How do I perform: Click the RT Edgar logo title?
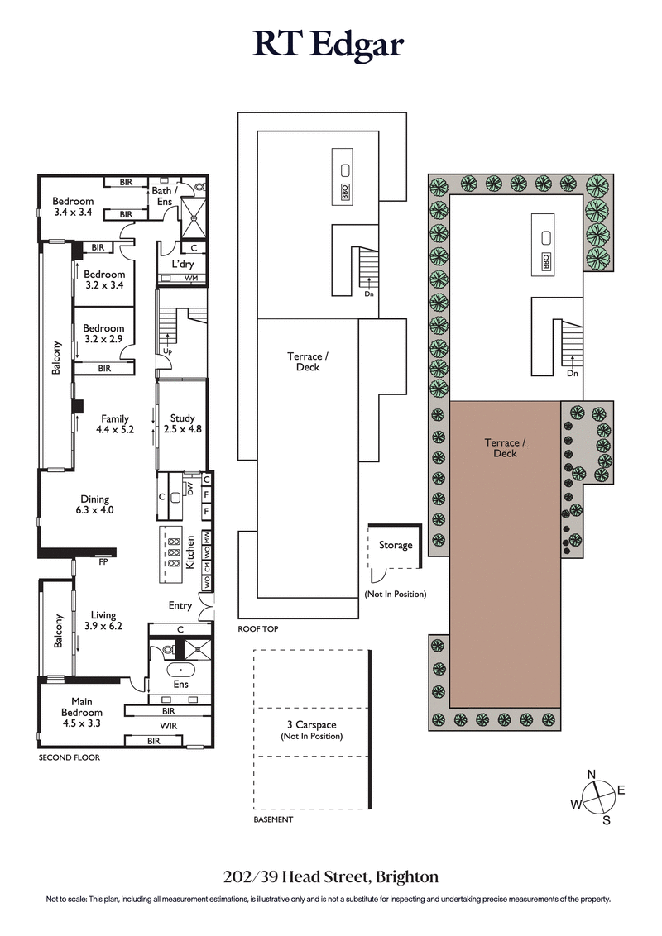click(x=329, y=44)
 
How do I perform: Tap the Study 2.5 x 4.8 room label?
click(x=181, y=423)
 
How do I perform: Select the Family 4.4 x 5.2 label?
click(x=115, y=423)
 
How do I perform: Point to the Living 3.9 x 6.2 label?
click(x=103, y=620)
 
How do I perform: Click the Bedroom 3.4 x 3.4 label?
click(x=73, y=207)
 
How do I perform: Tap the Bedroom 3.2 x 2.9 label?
click(x=103, y=334)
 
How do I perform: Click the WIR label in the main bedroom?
click(x=169, y=726)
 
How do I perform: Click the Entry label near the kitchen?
click(x=180, y=605)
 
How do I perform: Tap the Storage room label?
click(x=396, y=545)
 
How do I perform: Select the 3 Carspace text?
click(x=311, y=725)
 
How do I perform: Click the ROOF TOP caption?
click(x=258, y=629)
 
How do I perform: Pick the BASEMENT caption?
click(x=273, y=819)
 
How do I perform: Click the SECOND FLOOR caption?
click(x=70, y=757)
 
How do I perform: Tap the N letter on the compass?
click(x=591, y=774)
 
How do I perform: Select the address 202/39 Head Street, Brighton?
click(x=330, y=876)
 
